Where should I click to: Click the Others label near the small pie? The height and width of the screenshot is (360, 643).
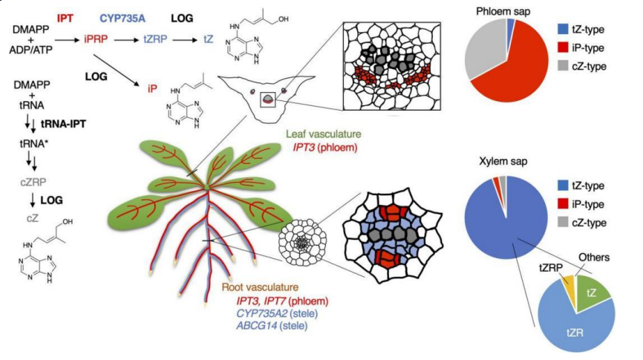(x=594, y=258)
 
